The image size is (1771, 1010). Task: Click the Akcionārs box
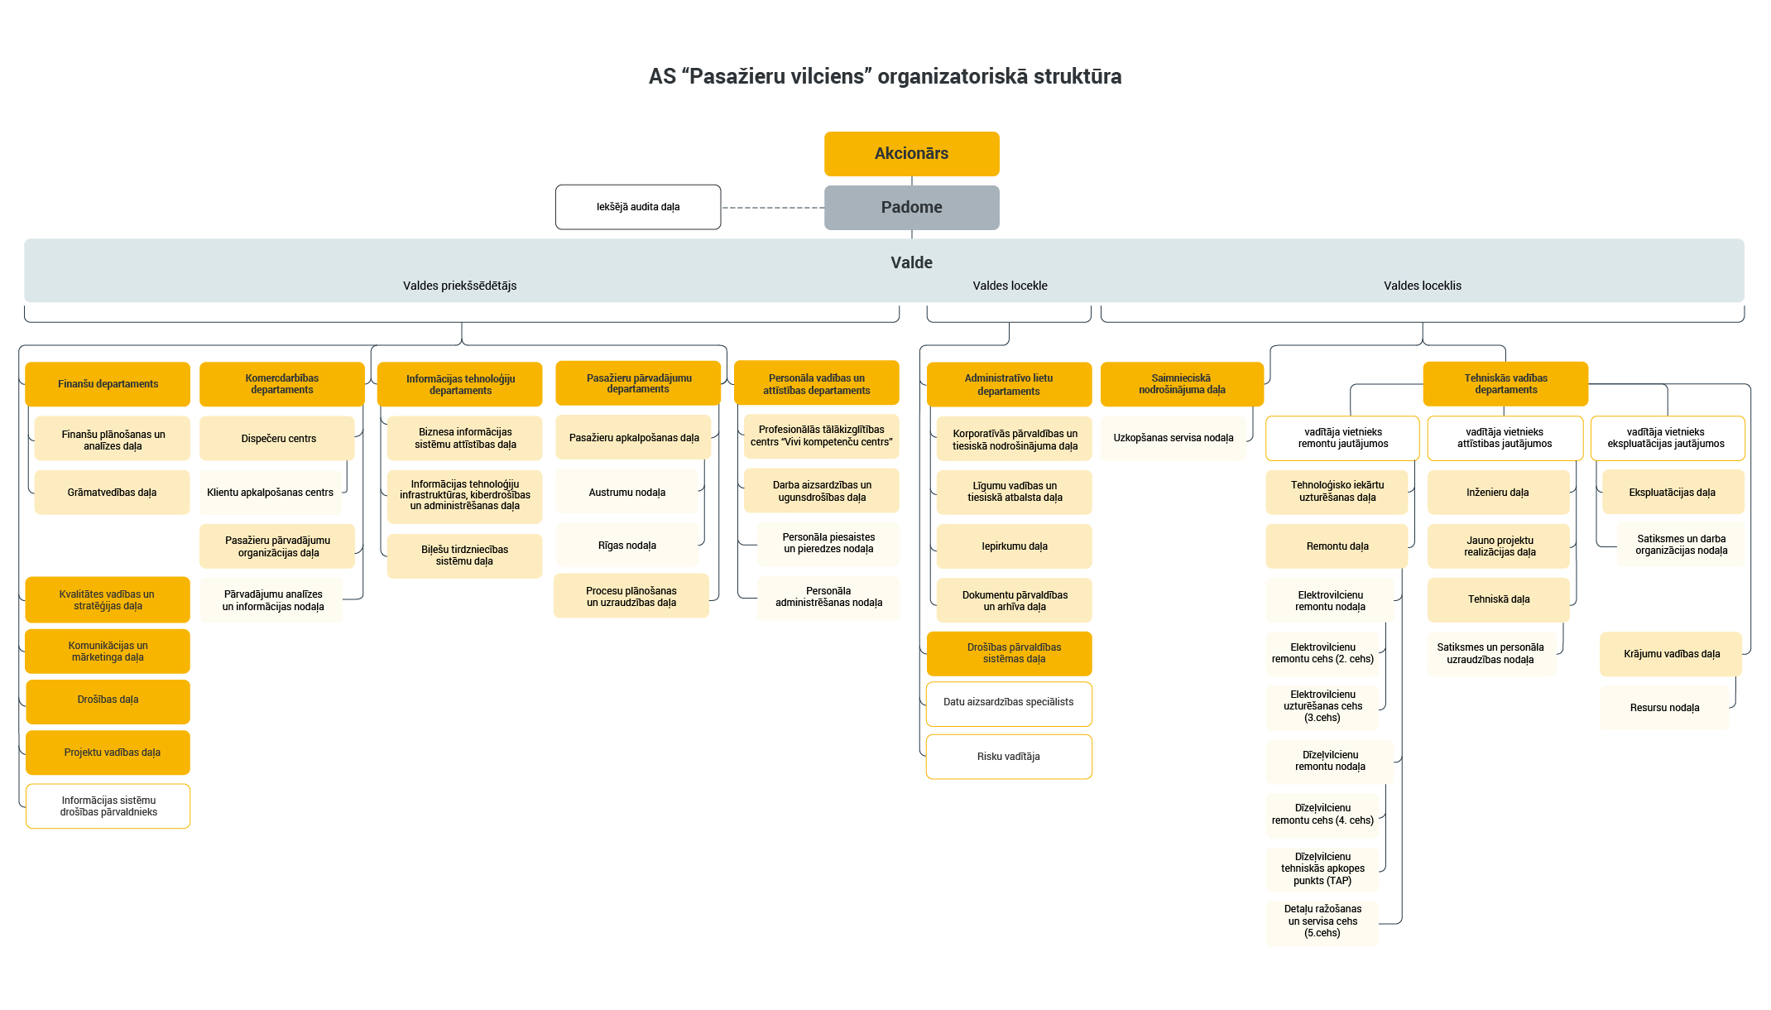pos(911,154)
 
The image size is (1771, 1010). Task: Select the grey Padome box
pos(911,207)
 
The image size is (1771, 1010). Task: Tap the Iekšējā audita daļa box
pos(638,207)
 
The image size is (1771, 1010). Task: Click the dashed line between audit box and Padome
pos(772,208)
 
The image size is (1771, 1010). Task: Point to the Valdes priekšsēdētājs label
pos(459,286)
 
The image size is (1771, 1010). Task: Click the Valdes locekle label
pos(1010,286)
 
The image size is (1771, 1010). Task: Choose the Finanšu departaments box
pos(108,384)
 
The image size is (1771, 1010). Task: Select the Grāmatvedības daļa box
pos(112,493)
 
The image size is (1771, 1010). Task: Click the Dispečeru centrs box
pos(278,439)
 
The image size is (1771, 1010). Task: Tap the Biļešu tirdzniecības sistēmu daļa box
pos(464,555)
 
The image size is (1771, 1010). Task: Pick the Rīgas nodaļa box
pos(627,546)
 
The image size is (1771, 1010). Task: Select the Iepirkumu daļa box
pos(1015,546)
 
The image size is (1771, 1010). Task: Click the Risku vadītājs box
pos(1009,757)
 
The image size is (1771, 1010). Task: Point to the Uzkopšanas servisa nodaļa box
pos(1173,438)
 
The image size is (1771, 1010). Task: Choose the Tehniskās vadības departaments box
pos(1505,384)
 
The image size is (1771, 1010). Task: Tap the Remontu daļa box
pos(1337,546)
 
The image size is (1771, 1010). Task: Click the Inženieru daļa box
pos(1497,493)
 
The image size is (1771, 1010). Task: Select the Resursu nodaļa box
pos(1664,708)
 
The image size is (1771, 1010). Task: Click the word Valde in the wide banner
pos(911,262)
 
